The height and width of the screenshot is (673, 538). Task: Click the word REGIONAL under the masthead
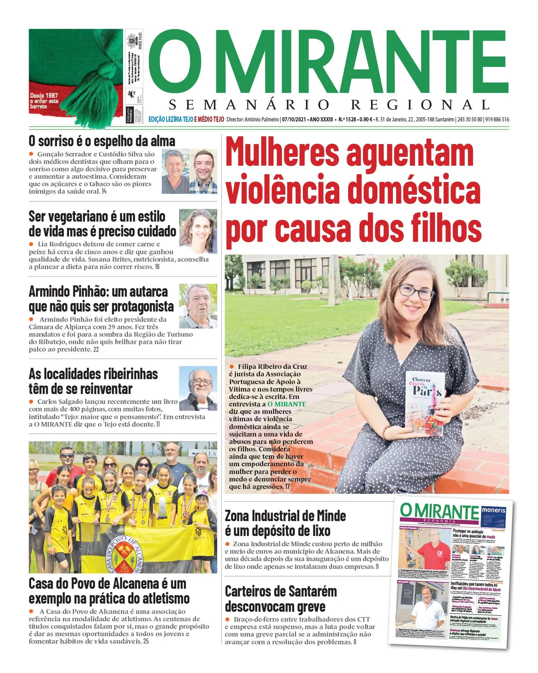point(420,105)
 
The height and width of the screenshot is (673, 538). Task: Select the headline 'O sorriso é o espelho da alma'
point(102,141)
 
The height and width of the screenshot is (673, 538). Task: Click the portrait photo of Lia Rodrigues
point(198,231)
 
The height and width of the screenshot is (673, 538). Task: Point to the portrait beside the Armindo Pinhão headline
point(198,306)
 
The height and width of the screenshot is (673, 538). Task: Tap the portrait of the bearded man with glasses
point(198,388)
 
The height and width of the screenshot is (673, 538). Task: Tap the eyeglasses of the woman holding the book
point(416,292)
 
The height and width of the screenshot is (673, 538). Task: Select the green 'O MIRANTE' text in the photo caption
point(287,404)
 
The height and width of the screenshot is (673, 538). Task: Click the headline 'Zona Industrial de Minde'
point(285,516)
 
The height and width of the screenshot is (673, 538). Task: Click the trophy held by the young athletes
point(162,507)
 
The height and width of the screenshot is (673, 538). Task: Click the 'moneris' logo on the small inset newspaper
point(493,511)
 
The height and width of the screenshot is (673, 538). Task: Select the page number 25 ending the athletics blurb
point(146,641)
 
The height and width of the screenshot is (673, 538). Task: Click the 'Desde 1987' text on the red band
point(44,96)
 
